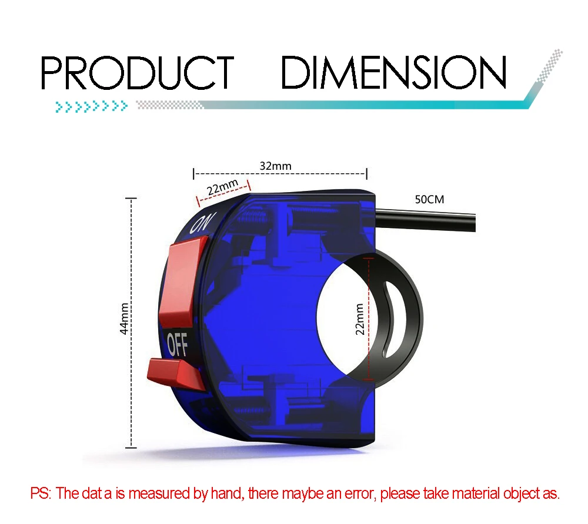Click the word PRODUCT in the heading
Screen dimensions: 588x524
coord(137,73)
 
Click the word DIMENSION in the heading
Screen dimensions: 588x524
coord(394,72)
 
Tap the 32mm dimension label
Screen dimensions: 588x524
coord(275,166)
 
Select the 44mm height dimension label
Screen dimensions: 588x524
coord(124,318)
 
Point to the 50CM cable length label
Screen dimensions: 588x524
coord(429,199)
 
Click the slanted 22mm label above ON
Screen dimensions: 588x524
coord(222,187)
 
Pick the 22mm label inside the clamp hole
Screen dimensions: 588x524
coord(360,319)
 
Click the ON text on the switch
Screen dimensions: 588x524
coord(203,223)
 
